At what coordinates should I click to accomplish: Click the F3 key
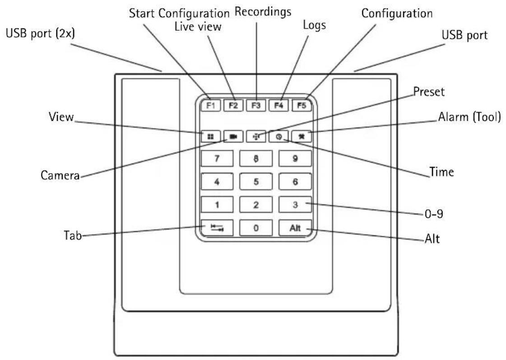tap(256, 106)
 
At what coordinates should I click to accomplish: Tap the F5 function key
tap(302, 106)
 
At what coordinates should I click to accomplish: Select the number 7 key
tap(217, 158)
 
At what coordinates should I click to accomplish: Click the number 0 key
tap(256, 228)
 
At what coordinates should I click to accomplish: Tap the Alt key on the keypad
tap(295, 228)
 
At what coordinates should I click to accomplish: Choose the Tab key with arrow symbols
tap(217, 228)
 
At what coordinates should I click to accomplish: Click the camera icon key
tap(233, 136)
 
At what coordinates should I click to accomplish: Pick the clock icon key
tap(279, 136)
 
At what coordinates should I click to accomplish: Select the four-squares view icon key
tap(211, 136)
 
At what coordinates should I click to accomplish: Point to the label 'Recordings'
tap(263, 12)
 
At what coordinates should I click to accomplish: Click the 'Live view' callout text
tap(198, 27)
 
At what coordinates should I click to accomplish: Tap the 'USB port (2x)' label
tap(40, 33)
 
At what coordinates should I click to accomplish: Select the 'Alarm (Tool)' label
tap(469, 117)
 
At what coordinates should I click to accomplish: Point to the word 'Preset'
tap(429, 92)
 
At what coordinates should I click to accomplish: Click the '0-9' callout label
tap(434, 213)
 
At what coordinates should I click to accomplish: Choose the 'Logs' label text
tap(314, 25)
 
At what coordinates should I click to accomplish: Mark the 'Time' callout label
tap(441, 172)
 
